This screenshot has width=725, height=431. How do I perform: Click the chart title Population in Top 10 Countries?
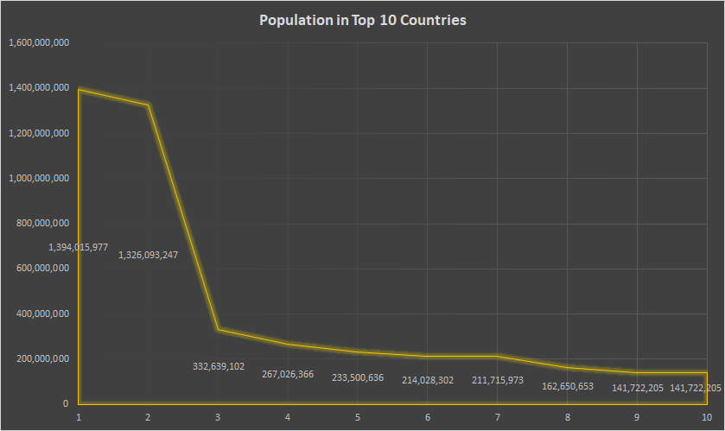[363, 20]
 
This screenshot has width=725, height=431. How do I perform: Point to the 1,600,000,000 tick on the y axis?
[38, 42]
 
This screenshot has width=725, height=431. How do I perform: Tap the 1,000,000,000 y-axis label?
[38, 178]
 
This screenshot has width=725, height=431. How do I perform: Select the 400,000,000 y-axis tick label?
[41, 314]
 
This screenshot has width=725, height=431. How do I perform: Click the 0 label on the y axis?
[65, 403]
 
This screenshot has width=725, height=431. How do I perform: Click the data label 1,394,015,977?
[78, 247]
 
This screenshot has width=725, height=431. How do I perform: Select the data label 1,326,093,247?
[148, 255]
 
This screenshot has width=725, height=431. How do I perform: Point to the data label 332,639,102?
[218, 366]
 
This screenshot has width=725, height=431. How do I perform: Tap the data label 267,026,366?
[288, 374]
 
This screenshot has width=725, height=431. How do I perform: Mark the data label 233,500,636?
[358, 377]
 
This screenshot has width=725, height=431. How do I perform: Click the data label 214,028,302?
[428, 380]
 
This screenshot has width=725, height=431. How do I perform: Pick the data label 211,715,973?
[498, 380]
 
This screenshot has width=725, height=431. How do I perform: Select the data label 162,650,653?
[568, 386]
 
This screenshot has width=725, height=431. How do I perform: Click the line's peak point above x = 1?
[79, 89]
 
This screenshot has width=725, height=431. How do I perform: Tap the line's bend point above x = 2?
[149, 105]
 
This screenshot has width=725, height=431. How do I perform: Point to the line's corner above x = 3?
[218, 329]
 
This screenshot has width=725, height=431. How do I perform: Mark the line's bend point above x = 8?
[568, 367]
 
